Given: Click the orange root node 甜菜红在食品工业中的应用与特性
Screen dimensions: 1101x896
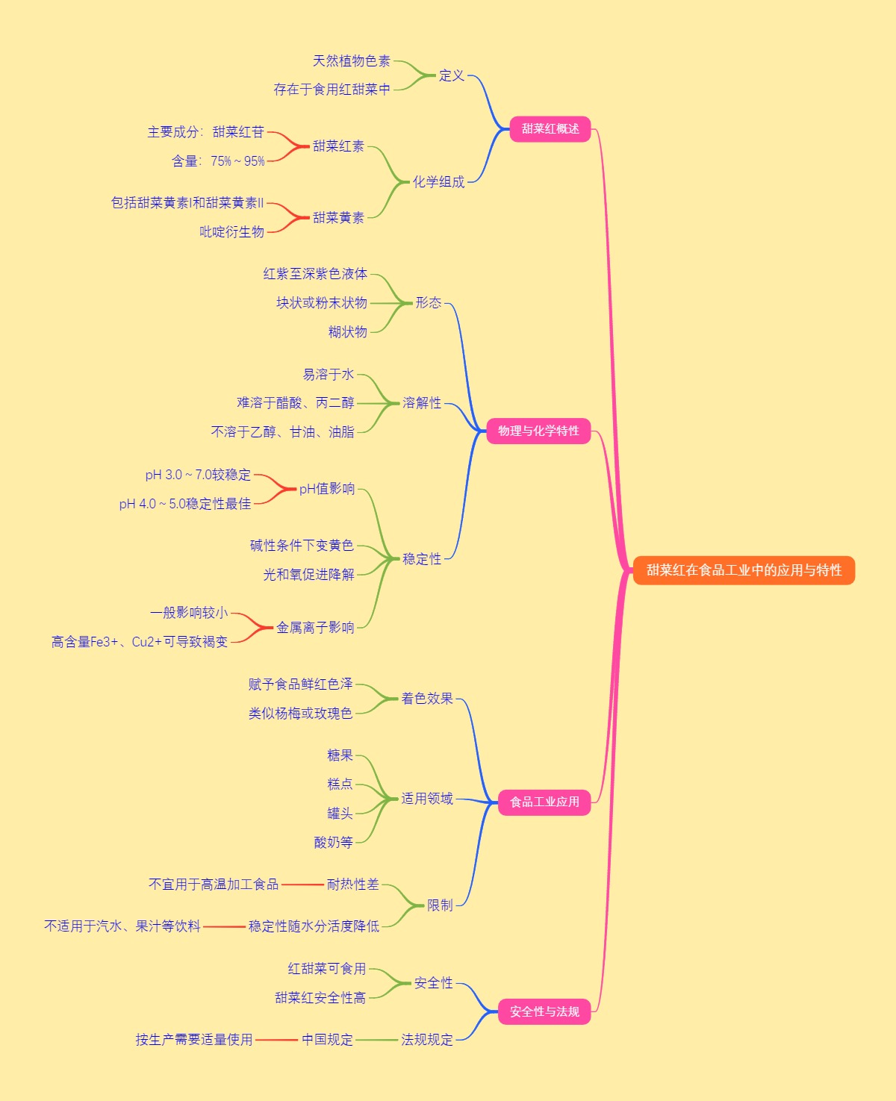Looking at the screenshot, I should tap(744, 570).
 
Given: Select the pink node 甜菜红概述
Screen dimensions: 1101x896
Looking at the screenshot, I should tap(550, 129).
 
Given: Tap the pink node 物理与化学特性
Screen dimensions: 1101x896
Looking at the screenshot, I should tap(538, 431).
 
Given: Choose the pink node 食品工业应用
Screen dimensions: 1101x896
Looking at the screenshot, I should tap(544, 802).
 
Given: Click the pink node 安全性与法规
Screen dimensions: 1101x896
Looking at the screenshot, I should tap(544, 1011).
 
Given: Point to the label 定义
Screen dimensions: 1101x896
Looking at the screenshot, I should tap(452, 75).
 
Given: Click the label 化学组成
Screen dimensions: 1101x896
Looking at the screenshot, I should tap(439, 181).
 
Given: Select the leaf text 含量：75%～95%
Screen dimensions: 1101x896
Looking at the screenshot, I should tap(218, 160).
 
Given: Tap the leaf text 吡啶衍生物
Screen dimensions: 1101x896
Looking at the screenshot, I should tap(231, 231).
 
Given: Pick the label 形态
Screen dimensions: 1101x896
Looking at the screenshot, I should tap(429, 302).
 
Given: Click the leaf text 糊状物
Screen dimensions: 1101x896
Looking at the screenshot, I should tap(348, 331).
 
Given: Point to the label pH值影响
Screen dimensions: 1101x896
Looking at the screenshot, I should tap(327, 489).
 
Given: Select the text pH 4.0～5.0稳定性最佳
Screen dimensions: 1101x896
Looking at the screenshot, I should tap(185, 504).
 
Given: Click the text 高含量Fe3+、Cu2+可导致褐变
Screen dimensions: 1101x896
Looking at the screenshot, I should tap(140, 642).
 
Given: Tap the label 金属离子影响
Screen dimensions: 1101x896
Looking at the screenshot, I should tap(315, 627).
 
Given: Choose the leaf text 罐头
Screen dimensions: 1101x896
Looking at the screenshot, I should tap(340, 813).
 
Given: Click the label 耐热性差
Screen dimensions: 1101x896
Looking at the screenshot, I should tap(353, 884).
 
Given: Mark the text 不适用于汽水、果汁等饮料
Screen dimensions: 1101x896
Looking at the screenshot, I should tap(122, 926).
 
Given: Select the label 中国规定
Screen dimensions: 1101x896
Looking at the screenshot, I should tap(327, 1039).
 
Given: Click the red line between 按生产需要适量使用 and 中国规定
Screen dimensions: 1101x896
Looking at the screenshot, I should tap(277, 1040).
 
